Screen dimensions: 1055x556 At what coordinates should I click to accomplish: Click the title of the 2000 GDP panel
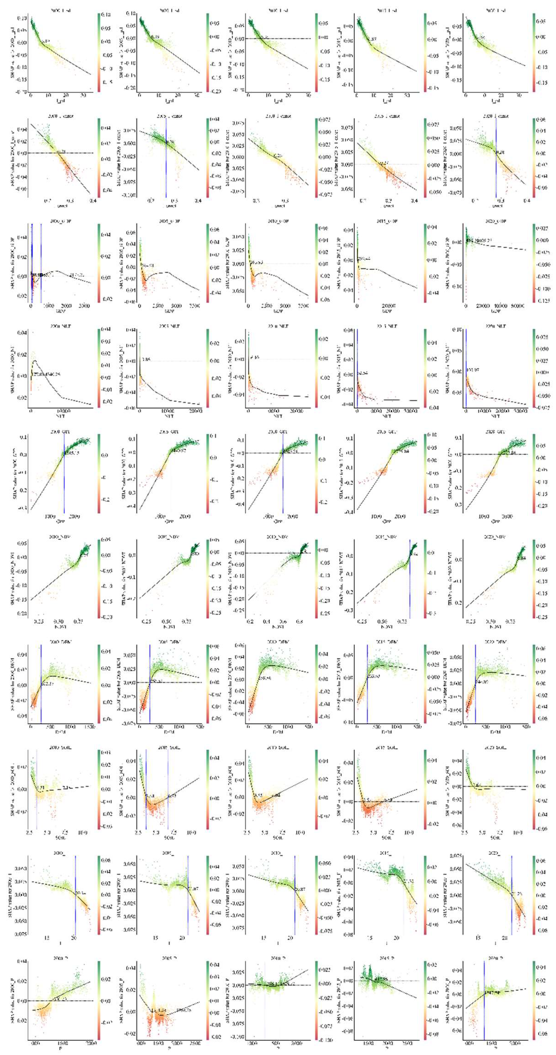(x=61, y=221)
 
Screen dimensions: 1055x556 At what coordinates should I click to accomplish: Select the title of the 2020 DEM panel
(x=495, y=642)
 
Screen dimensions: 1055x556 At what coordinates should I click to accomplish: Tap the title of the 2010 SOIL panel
(x=278, y=748)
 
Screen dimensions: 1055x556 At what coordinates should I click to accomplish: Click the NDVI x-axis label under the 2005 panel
(x=169, y=627)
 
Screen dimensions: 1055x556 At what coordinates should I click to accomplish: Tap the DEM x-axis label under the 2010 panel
(x=278, y=732)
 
